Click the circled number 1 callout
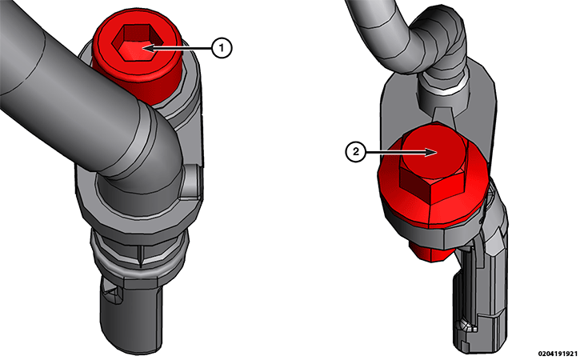coord(222,48)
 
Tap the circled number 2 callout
coord(354,150)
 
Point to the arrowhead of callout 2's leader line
coord(433,150)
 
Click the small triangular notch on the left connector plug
coord(115,298)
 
